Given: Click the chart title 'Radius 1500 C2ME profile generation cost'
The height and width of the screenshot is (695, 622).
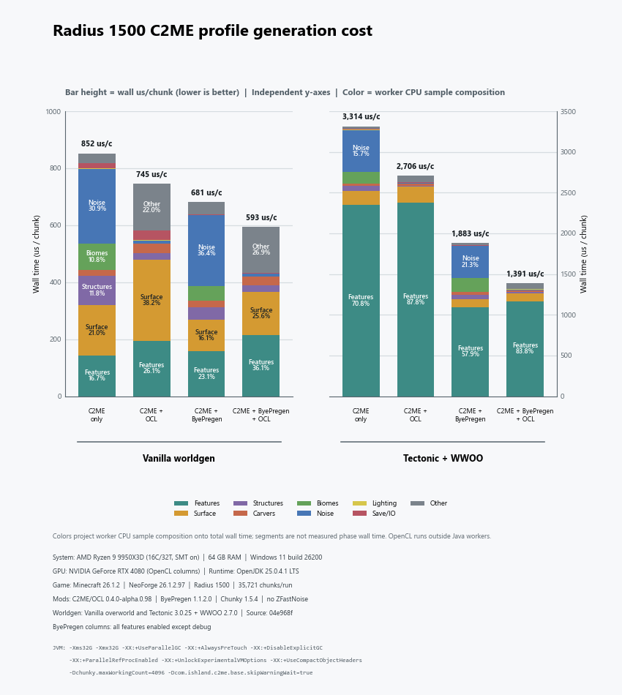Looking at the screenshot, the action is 212,31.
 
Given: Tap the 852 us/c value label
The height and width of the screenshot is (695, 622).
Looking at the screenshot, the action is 97,143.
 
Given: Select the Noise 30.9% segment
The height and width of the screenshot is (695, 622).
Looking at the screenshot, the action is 97,206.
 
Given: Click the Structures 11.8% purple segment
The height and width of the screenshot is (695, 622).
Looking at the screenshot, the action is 97,290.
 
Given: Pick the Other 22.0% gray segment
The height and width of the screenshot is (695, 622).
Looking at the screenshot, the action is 151,207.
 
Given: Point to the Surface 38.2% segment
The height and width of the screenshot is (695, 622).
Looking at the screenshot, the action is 151,300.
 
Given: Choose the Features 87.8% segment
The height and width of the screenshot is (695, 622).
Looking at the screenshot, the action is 416,300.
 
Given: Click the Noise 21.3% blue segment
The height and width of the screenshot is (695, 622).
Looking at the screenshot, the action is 470,261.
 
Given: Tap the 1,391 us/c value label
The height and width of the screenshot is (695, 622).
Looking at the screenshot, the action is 525,274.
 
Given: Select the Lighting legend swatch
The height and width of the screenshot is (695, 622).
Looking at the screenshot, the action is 359,503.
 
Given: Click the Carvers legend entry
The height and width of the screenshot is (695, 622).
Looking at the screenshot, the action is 254,514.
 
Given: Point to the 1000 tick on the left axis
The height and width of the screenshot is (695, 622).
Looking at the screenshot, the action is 53,112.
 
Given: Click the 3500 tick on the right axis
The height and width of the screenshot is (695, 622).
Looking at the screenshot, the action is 568,112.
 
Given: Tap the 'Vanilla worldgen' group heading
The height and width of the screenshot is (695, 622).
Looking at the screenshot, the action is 179,458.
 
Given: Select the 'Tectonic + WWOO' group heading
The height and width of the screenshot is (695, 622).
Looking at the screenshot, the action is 443,458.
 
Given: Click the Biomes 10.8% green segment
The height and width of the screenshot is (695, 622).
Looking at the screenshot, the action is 97,257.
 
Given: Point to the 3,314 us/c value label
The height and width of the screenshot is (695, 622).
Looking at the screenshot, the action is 361,116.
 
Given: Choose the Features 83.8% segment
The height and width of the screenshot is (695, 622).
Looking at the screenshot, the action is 525,349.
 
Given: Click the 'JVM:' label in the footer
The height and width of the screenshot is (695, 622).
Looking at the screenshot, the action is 59,647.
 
